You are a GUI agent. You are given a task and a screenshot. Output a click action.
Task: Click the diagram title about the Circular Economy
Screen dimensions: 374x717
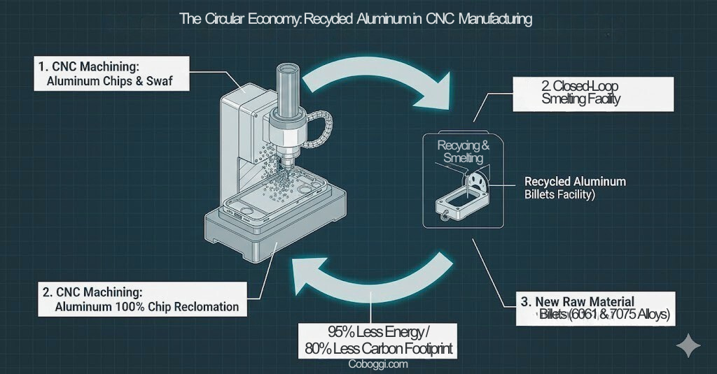coord(356,18)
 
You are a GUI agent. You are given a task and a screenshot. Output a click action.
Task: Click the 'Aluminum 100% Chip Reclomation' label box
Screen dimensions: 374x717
coord(142,300)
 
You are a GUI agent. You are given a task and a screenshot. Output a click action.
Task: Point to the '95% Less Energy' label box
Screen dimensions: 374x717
coord(377,339)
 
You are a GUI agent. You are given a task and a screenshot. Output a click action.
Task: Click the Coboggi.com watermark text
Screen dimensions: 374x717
coord(377,364)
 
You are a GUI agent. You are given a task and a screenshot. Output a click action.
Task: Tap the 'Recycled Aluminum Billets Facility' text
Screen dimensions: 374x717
coord(574,188)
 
